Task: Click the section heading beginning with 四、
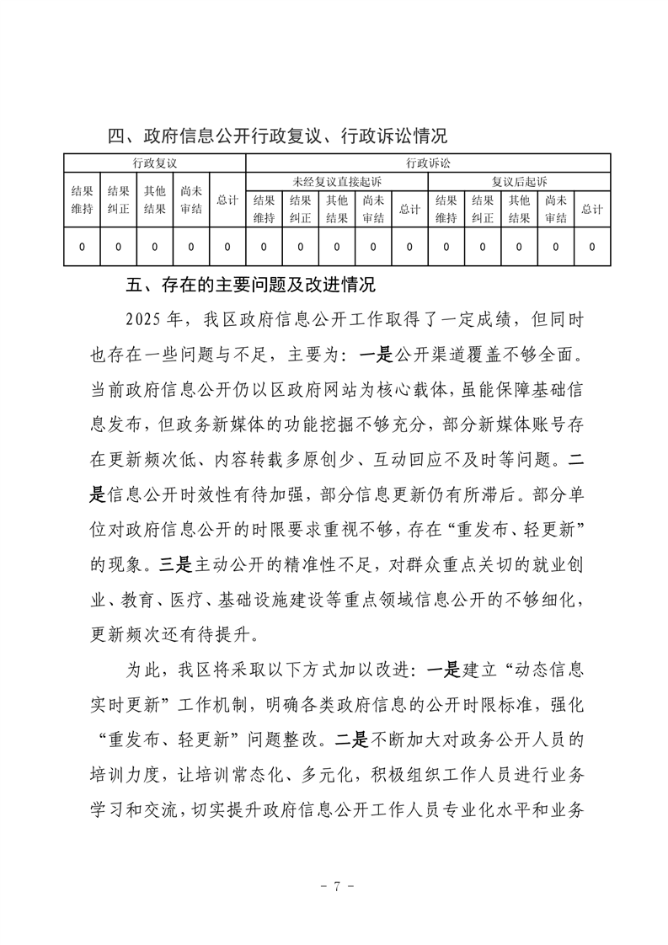pyautogui.click(x=277, y=135)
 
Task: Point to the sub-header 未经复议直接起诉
pyautogui.click(x=336, y=181)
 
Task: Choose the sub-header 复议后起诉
pyautogui.click(x=519, y=181)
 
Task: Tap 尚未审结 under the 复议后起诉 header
pyautogui.click(x=554, y=209)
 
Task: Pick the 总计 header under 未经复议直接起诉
pyautogui.click(x=409, y=209)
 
